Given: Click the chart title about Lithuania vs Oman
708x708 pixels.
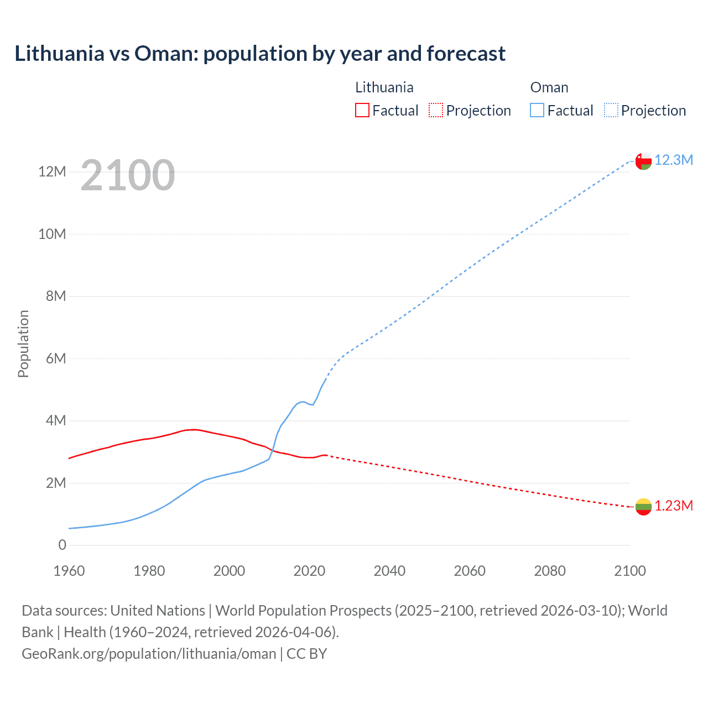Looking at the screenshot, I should pyautogui.click(x=260, y=54).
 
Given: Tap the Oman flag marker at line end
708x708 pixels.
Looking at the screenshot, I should pyautogui.click(x=643, y=161).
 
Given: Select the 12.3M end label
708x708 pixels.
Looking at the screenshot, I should pyautogui.click(x=674, y=160).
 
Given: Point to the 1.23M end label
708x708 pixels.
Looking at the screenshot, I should pyautogui.click(x=674, y=506).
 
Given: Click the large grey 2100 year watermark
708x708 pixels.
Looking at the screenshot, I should pyautogui.click(x=128, y=176).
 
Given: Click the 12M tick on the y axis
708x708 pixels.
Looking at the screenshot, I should pyautogui.click(x=52, y=172).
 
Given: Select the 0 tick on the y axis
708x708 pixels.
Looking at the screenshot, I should pyautogui.click(x=62, y=545).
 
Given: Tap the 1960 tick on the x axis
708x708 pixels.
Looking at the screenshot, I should pyautogui.click(x=69, y=571).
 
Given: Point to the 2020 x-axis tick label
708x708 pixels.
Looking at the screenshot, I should pyautogui.click(x=309, y=571).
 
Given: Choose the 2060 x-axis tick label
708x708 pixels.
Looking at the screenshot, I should pyautogui.click(x=470, y=571).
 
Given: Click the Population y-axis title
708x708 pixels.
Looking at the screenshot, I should pyautogui.click(x=23, y=343).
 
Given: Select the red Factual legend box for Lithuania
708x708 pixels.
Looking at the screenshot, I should pyautogui.click(x=362, y=111).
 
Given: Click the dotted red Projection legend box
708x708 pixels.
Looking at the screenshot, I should pyautogui.click(x=436, y=111).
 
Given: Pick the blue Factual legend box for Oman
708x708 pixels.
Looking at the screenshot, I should pyautogui.click(x=537, y=111).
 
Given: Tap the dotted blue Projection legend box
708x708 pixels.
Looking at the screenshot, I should pyautogui.click(x=611, y=111).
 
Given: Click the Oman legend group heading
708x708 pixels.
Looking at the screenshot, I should pyautogui.click(x=549, y=87).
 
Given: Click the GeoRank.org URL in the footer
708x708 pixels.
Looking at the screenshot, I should pyautogui.click(x=149, y=654).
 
